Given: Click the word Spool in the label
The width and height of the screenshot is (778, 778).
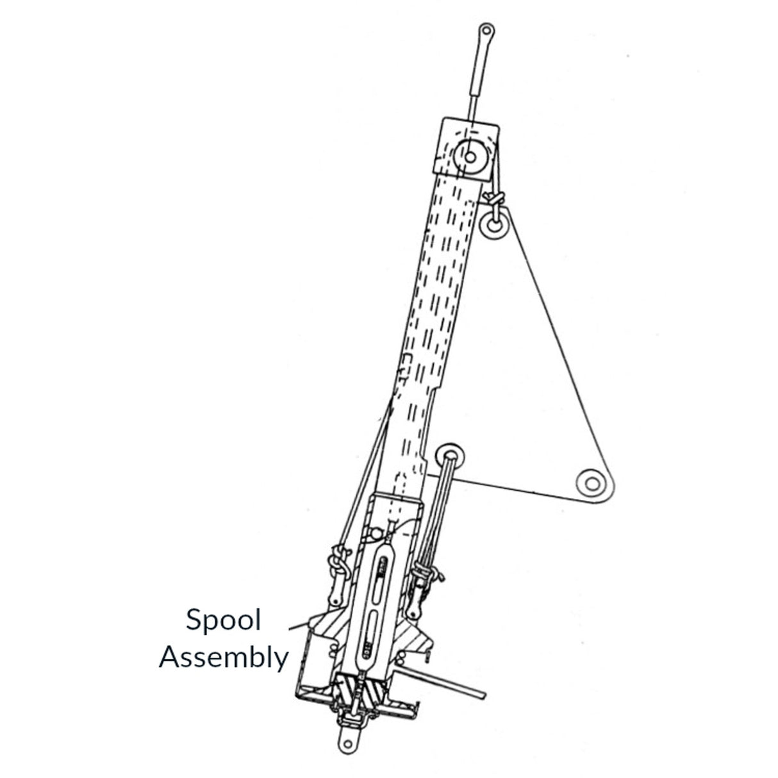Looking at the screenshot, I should pos(223,620).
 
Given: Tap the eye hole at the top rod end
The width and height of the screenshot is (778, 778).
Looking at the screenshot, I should pos(486,30).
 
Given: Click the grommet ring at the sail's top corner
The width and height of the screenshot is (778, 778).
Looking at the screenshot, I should pos(494,225).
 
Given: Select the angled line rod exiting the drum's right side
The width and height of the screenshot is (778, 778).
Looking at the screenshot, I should pos(449,683).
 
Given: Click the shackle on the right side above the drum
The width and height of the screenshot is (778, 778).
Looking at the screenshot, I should pos(423,570).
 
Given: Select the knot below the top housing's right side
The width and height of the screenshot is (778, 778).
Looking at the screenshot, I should pos(495,197).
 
